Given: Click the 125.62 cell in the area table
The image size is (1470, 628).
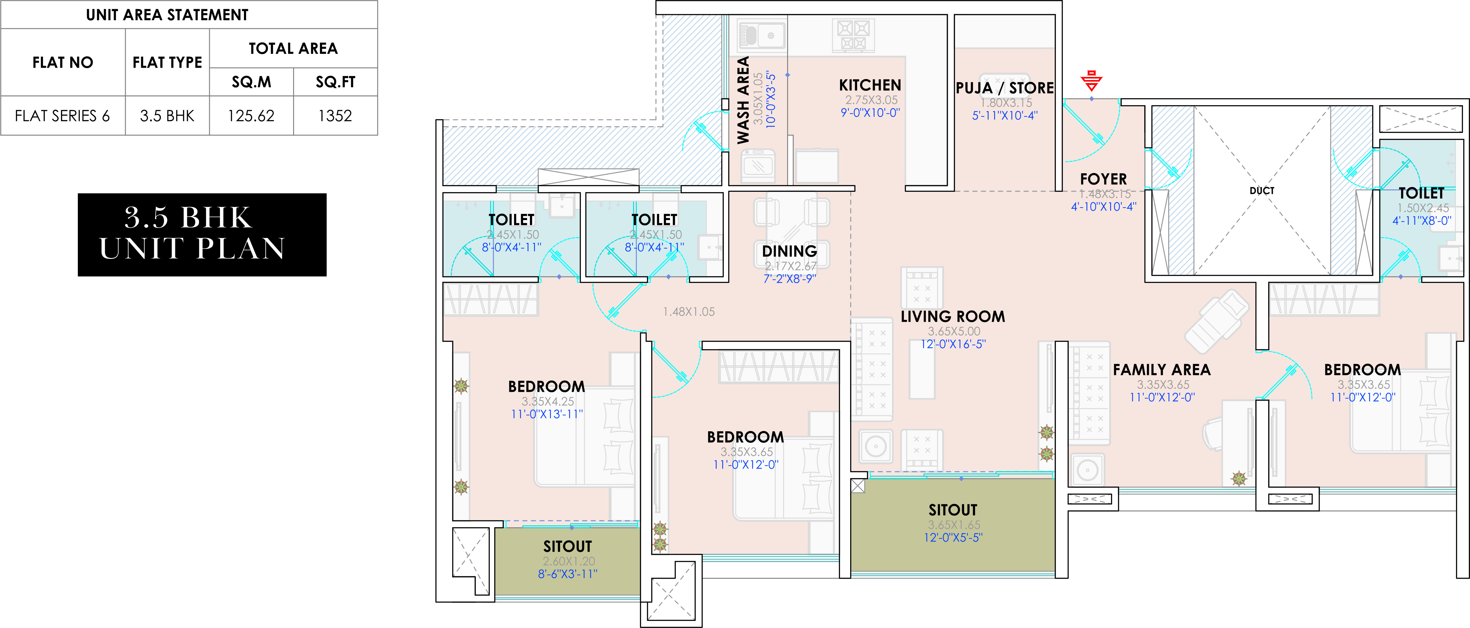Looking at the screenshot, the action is (x=251, y=116).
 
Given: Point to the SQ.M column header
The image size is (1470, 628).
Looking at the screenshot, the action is (x=251, y=82).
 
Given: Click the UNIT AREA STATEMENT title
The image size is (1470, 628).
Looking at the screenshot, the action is (x=167, y=15).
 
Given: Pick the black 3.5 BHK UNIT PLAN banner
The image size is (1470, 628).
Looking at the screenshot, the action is (x=202, y=235).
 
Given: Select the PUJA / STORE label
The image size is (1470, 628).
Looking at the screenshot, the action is (x=1005, y=88).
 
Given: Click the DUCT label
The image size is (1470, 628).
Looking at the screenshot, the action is (x=1262, y=191).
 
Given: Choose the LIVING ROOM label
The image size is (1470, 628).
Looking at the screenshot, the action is (x=953, y=316).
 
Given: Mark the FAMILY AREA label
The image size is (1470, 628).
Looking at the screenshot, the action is (x=1162, y=370).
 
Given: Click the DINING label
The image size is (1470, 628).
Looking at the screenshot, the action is (x=790, y=251).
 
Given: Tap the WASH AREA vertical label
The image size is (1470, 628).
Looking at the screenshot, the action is (x=743, y=100).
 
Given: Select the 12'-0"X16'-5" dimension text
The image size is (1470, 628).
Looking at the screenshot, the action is (x=953, y=344).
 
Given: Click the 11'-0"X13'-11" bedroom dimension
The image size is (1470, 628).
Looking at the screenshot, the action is (x=547, y=414).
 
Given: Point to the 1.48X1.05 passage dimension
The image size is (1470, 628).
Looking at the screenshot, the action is (x=689, y=312).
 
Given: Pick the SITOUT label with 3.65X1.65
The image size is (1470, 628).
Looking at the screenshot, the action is (x=953, y=510).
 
